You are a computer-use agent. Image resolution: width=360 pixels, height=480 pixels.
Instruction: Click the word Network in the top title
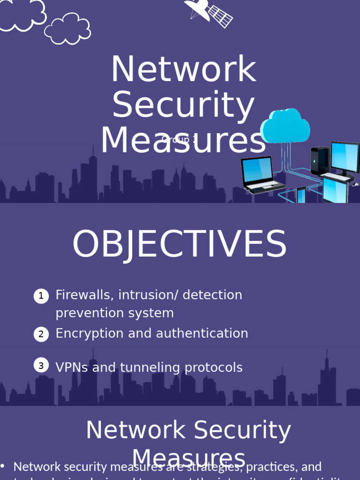(183, 70)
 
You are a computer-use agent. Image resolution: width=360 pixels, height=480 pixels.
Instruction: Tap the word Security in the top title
(183, 105)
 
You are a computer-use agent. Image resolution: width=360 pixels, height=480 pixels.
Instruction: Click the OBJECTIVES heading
(180, 244)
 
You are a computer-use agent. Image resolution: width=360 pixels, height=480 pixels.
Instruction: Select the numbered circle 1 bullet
(41, 296)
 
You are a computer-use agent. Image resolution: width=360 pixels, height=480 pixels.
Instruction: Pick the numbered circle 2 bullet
(41, 334)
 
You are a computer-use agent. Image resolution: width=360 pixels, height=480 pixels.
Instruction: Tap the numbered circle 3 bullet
(41, 366)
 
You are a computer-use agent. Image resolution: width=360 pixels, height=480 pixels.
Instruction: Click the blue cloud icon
(285, 125)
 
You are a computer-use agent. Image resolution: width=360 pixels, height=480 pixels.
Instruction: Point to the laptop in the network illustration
(260, 174)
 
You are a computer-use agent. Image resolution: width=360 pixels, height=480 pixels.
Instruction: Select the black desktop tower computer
(320, 161)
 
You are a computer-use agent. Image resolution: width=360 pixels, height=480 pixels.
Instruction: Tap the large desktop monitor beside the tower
(345, 158)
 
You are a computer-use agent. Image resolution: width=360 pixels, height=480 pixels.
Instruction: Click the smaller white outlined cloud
(68, 29)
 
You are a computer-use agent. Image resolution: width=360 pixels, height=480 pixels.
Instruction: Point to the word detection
(212, 295)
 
